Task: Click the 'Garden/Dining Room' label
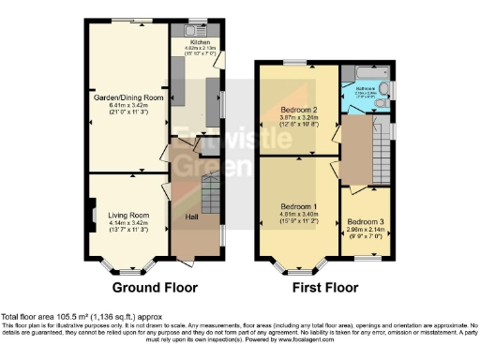coord(128,97)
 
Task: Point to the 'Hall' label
coord(191,217)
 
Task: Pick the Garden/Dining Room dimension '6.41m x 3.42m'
coord(128,105)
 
